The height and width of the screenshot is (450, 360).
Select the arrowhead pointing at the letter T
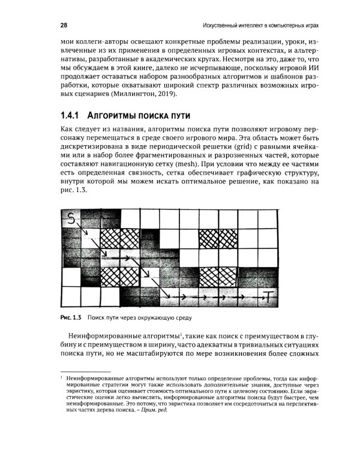(x=261, y=296)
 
